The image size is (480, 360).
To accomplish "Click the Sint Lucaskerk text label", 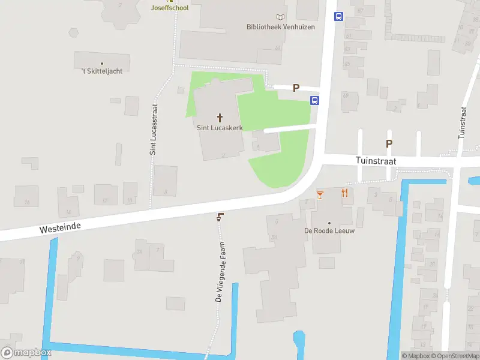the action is coord(220,128).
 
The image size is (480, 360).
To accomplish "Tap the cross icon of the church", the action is coord(220,118).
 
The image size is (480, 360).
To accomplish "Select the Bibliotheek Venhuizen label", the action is coord(280,27).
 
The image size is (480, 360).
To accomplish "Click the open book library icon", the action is coord(280,17).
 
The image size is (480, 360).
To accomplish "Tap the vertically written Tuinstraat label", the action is coord(462,123).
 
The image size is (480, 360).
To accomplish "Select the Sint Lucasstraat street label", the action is coord(154,129).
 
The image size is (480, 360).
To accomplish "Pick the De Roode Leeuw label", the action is coord(329,231).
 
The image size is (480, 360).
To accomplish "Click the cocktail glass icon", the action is coord(320,194).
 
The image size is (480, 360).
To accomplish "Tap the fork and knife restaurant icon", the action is coord(344,193).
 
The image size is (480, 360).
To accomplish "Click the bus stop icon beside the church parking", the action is coord(314,100).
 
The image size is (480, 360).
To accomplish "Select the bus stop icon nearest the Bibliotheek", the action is coord(338,17).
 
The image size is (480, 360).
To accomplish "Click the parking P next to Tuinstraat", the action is coord(389,143).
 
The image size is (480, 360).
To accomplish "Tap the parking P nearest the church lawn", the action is coord(296,88).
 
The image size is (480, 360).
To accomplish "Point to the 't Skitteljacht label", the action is coord(102,71).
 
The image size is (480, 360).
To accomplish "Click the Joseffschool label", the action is coord(169,8).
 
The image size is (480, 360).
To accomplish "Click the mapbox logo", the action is coord(27,352).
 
